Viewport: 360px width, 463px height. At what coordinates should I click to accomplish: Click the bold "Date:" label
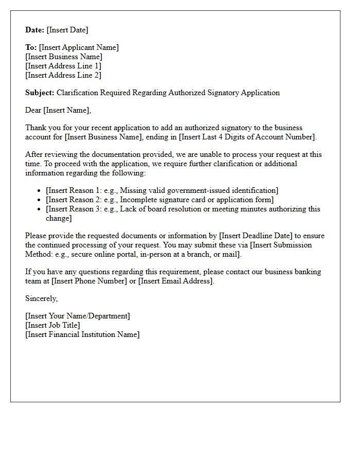(x=35, y=30)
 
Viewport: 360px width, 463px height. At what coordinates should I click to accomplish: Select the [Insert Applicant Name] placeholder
(x=79, y=47)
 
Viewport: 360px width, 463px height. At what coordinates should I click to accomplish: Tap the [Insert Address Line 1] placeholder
(x=63, y=66)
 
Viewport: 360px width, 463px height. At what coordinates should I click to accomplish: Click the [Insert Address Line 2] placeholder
(x=63, y=75)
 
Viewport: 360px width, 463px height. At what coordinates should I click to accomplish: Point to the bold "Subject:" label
(x=40, y=93)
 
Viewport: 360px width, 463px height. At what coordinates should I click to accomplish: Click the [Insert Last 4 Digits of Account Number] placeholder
(x=248, y=137)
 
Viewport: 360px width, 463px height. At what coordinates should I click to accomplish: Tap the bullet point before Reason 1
(x=40, y=191)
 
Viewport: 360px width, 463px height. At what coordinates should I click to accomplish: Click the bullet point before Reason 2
(x=40, y=200)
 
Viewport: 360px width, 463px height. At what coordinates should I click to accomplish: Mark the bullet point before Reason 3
(x=40, y=209)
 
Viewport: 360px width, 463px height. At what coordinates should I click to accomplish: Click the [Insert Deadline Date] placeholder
(x=257, y=236)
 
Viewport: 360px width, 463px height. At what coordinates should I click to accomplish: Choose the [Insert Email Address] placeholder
(x=175, y=281)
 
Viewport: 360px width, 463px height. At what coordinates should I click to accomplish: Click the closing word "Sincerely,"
(x=42, y=298)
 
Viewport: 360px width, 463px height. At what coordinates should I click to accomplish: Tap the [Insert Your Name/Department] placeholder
(x=78, y=316)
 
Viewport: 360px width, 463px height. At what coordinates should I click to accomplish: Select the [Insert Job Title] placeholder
(x=52, y=325)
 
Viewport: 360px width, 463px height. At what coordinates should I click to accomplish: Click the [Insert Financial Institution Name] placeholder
(x=82, y=334)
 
